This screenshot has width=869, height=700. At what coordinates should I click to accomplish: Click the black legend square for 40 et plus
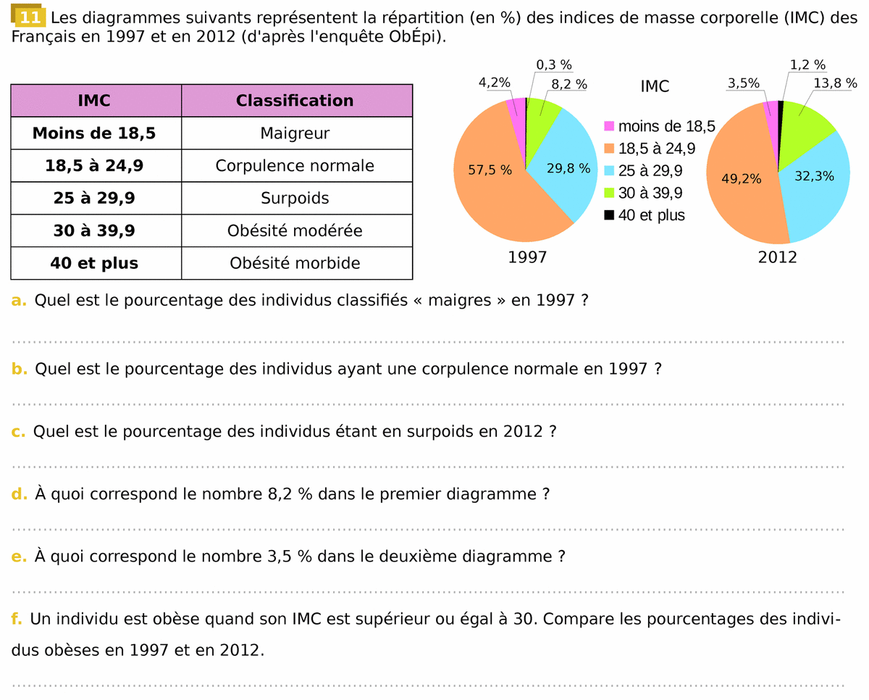[609, 215]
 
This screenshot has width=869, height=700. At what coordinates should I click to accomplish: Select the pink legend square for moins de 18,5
[609, 126]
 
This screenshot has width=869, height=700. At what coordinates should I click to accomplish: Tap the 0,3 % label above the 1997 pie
[554, 65]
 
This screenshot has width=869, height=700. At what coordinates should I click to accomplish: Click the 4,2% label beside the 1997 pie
[495, 83]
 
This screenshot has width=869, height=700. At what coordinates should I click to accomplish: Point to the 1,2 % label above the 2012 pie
[807, 65]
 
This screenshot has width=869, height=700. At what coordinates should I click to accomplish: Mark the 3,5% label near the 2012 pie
[744, 83]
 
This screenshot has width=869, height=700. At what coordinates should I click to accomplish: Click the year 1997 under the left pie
[527, 257]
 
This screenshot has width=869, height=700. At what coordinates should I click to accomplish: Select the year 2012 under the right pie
[777, 257]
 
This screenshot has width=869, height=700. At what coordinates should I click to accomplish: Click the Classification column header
[295, 101]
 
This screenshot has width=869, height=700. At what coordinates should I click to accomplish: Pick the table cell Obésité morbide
[295, 263]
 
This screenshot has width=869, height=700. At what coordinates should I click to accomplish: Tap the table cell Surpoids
[295, 198]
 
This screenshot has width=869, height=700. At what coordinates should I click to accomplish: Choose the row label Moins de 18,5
[94, 133]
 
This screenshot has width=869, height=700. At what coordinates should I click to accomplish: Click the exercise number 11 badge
[30, 17]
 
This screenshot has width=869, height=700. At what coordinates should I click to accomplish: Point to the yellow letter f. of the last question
[16, 620]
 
